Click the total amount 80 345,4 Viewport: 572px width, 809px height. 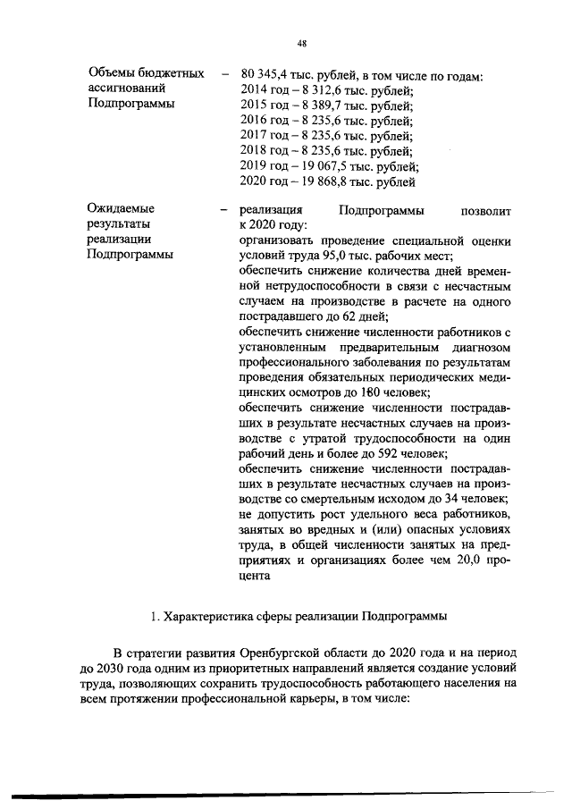pos(270,75)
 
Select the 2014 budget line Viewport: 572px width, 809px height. pos(326,90)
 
